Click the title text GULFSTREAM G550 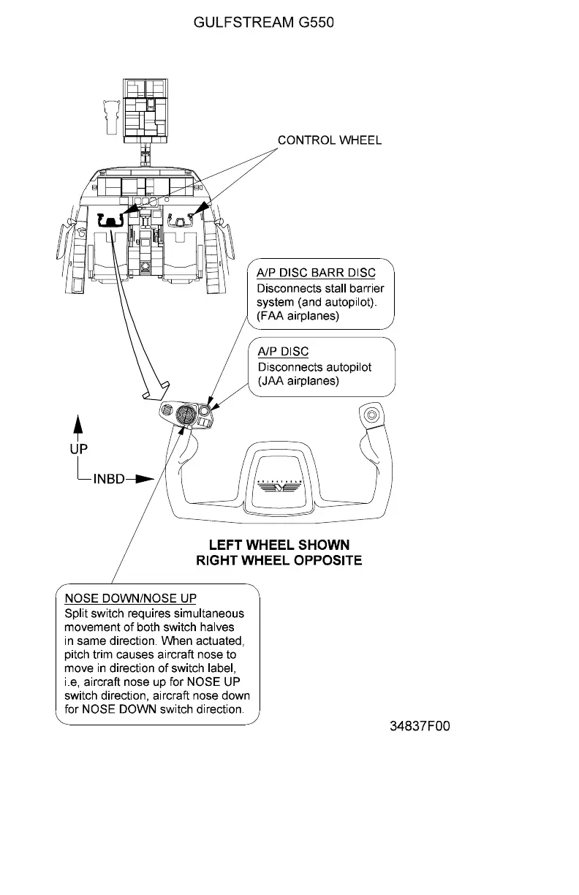[x=263, y=23]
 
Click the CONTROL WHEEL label [x=329, y=140]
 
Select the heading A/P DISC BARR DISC [x=316, y=273]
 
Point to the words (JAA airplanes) [x=298, y=381]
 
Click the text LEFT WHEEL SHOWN [x=279, y=545]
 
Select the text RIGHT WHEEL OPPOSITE [x=279, y=561]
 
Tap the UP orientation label [x=79, y=449]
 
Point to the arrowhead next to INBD [x=145, y=480]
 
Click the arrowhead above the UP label [x=79, y=425]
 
